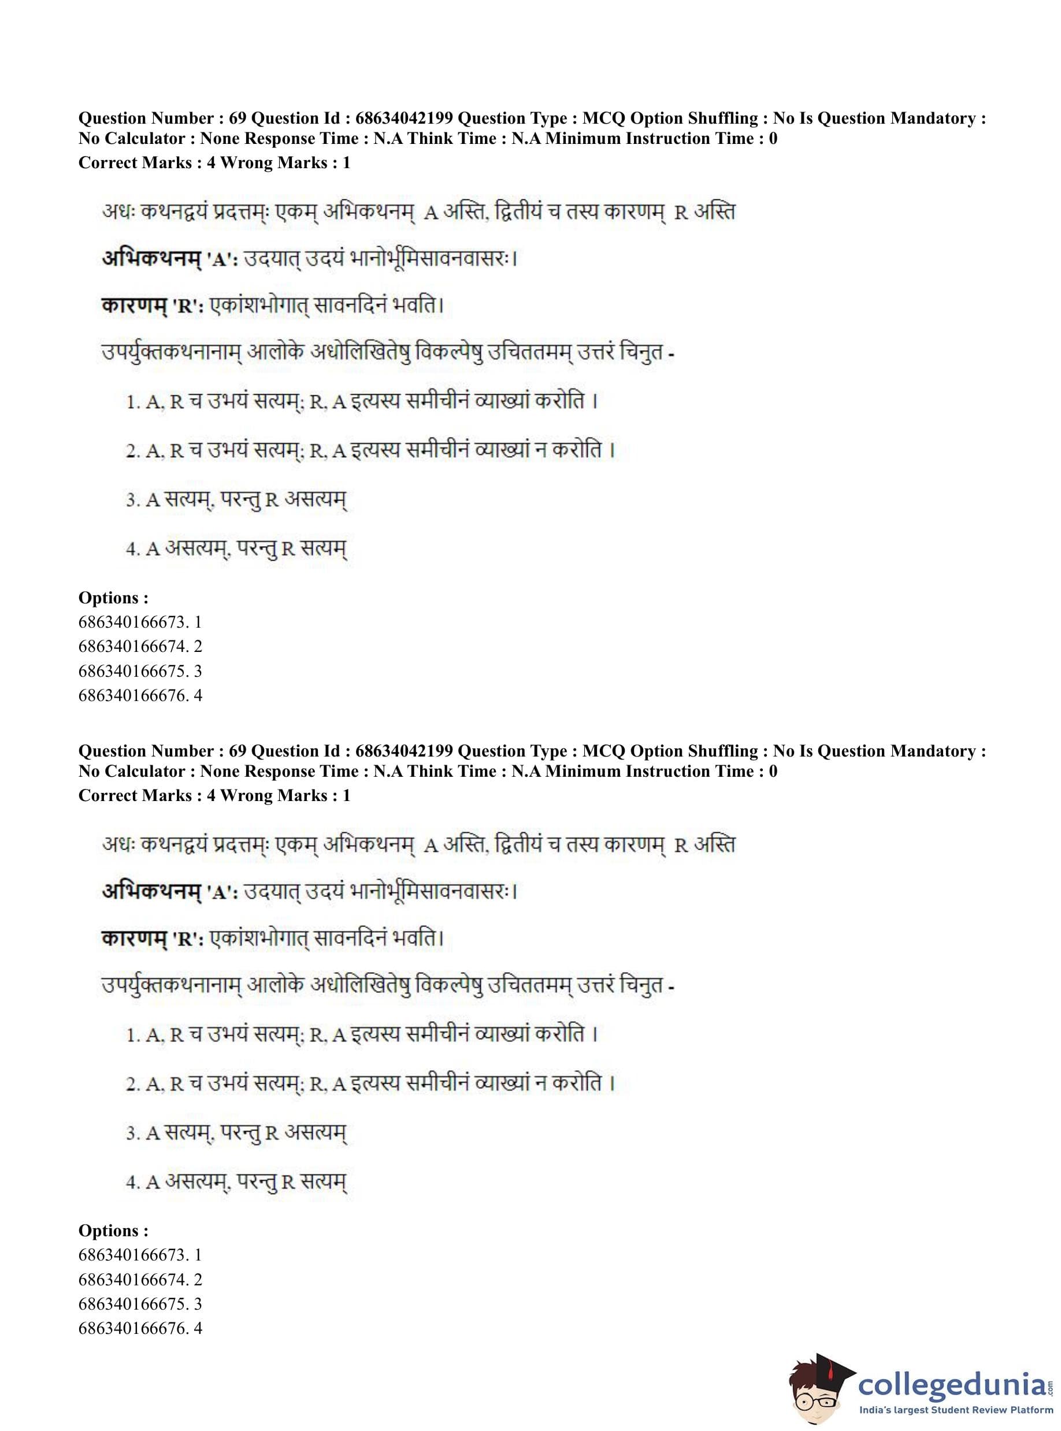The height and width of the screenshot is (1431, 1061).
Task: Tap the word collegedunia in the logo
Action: point(952,1383)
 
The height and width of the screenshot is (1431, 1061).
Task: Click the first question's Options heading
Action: point(113,598)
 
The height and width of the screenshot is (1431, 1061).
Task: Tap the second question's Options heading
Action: point(113,1230)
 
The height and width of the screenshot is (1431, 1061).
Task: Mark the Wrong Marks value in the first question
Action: point(346,162)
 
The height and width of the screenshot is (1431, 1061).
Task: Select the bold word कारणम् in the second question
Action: point(133,939)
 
